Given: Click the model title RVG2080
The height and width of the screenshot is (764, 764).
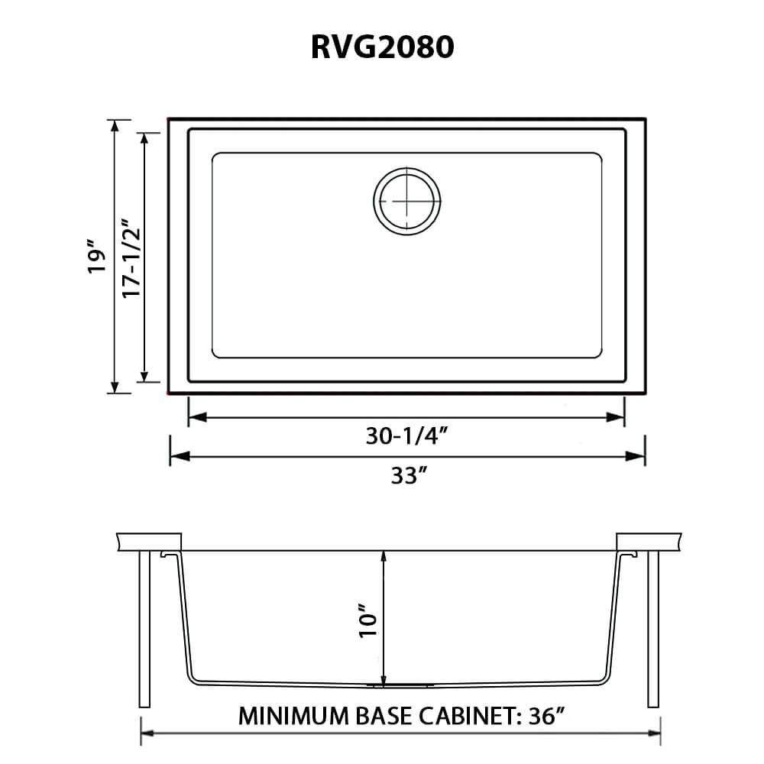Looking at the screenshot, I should click(382, 47).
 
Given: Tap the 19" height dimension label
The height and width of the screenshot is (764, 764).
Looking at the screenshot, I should click(94, 258).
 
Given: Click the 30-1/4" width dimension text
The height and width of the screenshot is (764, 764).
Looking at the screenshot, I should click(406, 436).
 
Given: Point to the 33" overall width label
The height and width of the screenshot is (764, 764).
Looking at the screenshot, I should click(406, 476).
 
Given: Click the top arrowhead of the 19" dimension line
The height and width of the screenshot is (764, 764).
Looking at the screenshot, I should click(115, 126).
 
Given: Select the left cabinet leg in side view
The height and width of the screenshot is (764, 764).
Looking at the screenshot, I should click(144, 629).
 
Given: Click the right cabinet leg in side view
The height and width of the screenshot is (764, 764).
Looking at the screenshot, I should click(653, 629).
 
